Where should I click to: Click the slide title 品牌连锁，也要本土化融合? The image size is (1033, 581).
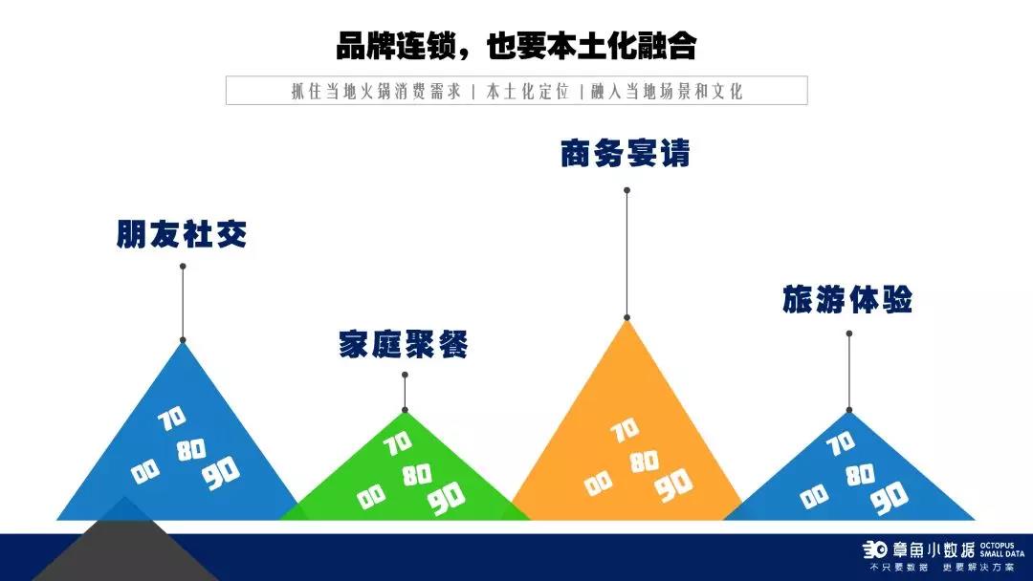click(x=516, y=46)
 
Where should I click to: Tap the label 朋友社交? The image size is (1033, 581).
click(x=182, y=233)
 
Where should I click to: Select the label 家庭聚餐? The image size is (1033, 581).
click(x=404, y=343)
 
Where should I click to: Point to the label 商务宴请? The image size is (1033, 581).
click(x=626, y=153)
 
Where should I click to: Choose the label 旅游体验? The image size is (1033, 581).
click(x=847, y=299)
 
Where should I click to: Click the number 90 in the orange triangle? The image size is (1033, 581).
click(x=674, y=484)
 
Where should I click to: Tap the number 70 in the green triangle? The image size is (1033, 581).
click(x=398, y=443)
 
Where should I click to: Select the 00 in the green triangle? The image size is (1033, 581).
click(x=371, y=497)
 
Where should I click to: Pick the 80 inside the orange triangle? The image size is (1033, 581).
click(x=645, y=462)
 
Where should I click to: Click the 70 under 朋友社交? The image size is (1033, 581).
click(x=172, y=419)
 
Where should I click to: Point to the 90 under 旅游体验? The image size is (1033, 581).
click(x=890, y=498)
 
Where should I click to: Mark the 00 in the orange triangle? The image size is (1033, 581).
click(x=598, y=484)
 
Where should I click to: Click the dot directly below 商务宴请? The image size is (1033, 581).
click(x=627, y=190)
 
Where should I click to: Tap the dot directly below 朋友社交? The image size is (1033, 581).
click(x=183, y=267)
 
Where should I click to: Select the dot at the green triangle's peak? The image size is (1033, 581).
click(x=405, y=410)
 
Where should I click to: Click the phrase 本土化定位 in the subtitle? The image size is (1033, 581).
click(x=528, y=91)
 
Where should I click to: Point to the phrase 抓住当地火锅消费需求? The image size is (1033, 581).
click(x=376, y=91)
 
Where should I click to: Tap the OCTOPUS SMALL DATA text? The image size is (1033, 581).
click(x=1002, y=549)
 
